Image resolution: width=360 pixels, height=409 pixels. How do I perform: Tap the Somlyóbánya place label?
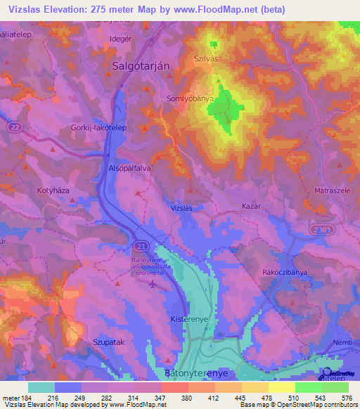(190, 99)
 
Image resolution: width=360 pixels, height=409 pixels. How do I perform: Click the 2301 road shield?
(318, 230)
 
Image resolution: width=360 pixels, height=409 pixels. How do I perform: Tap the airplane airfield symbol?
(155, 284)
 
